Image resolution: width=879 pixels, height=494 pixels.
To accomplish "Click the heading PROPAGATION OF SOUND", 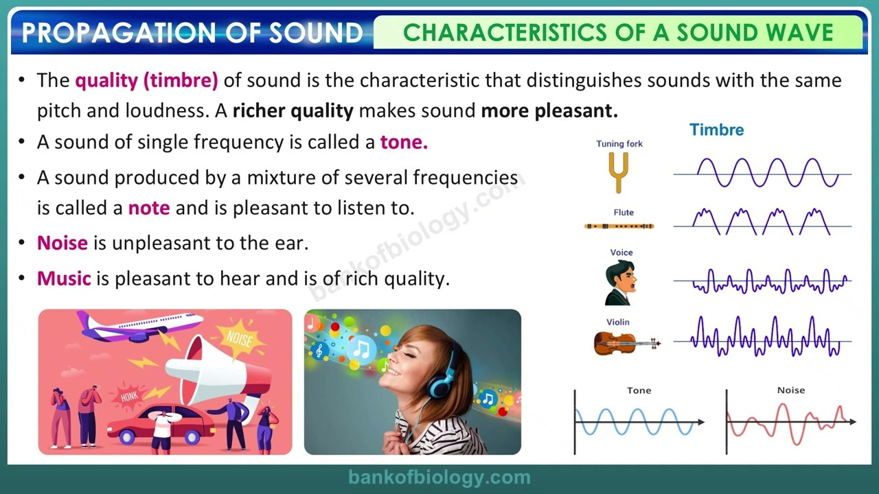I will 192,32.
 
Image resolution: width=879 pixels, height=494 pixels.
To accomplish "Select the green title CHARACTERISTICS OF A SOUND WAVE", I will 618,32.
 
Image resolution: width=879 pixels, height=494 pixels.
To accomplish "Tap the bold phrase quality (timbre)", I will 146,80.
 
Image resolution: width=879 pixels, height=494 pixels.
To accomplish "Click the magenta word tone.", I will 404,142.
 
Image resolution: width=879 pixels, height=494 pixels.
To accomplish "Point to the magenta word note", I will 149,208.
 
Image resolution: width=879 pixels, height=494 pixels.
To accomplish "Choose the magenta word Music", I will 64,279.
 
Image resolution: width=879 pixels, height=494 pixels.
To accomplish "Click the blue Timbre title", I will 716,130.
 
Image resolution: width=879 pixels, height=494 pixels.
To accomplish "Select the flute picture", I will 619,226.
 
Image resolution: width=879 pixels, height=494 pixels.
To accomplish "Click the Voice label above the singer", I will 621,252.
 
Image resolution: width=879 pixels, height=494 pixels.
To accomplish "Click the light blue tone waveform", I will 635,422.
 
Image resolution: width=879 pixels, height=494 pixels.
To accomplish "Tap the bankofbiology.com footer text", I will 439,478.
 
